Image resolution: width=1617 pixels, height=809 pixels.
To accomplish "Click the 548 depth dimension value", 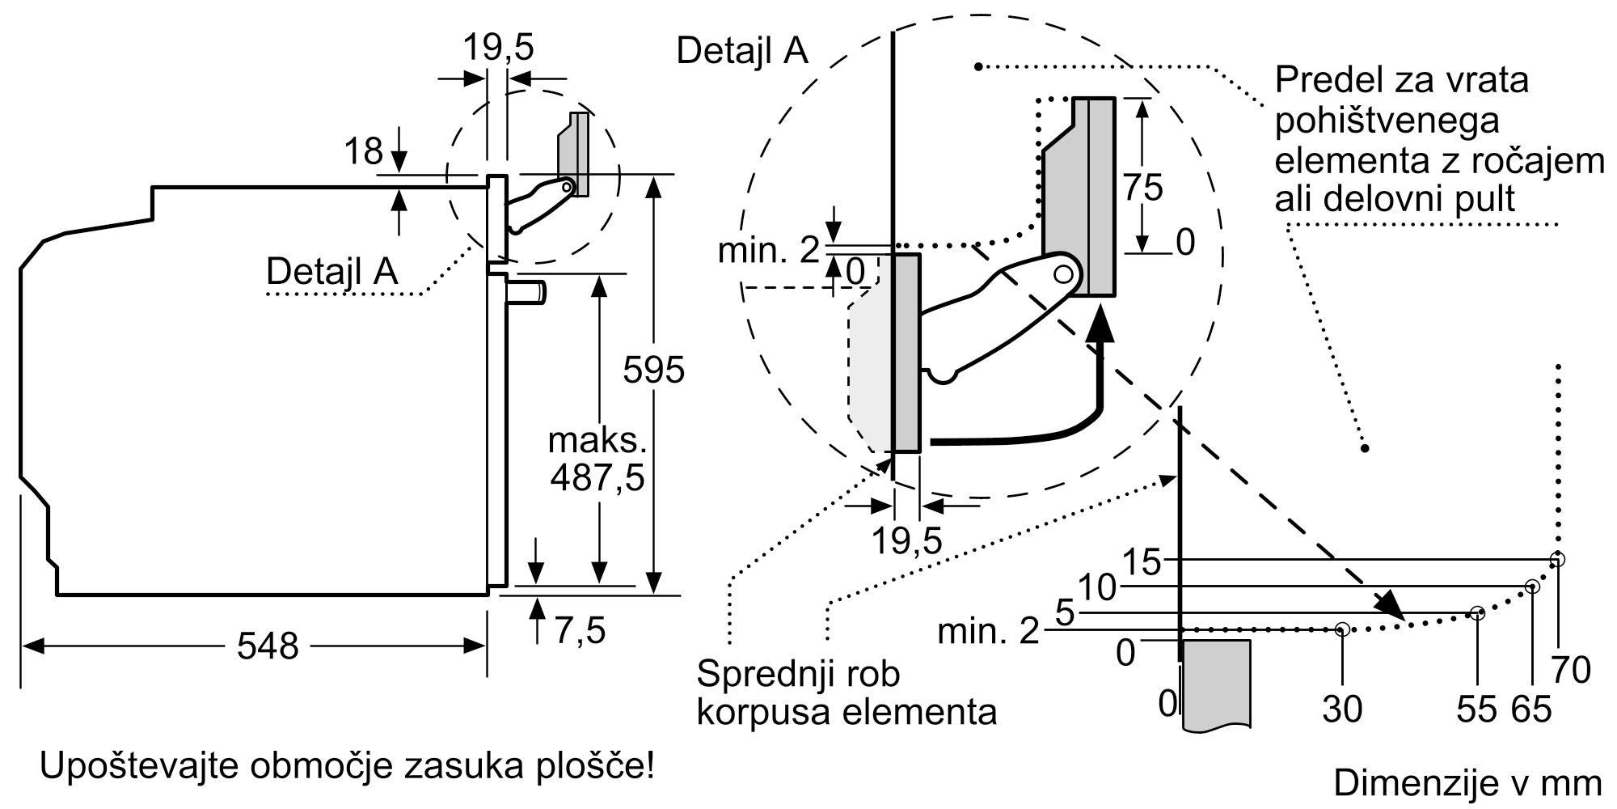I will click(268, 646).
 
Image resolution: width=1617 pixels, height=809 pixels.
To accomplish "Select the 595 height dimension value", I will click(653, 370).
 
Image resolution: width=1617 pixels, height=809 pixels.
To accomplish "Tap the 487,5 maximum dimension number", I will click(597, 477).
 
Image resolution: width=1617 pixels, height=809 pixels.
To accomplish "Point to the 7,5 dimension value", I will click(580, 630).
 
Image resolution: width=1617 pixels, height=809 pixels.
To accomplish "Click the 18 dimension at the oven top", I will click(363, 151).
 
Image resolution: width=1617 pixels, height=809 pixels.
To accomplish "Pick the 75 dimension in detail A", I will click(1142, 188).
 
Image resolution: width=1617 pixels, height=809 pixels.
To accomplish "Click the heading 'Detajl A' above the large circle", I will click(741, 50).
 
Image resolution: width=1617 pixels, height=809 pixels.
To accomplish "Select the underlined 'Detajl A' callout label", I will click(331, 271).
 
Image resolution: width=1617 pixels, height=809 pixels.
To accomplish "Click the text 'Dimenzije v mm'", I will click(1467, 782).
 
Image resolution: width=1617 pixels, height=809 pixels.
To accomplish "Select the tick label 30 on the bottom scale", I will click(1342, 709).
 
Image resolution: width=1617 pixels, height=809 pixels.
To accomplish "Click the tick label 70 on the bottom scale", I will click(1571, 670).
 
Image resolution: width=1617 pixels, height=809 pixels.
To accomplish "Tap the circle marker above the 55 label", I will click(1477, 613).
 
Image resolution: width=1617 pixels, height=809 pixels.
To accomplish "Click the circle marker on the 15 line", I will click(1558, 559).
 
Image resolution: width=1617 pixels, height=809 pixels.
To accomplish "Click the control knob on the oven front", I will click(527, 290).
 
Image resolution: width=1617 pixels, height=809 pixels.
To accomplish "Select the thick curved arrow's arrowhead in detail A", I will click(1097, 325).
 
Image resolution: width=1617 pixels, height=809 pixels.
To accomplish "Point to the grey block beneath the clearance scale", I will click(1216, 684).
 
